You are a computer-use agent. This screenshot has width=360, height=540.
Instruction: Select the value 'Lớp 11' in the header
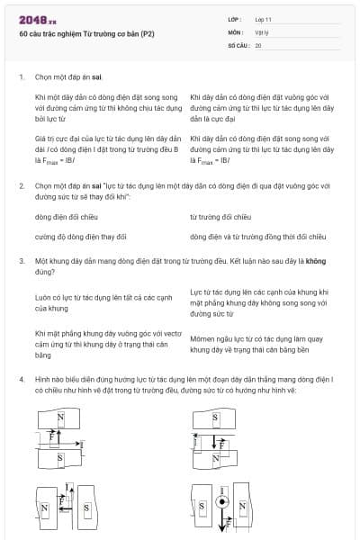263,19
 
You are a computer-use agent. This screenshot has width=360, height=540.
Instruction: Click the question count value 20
258,43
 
